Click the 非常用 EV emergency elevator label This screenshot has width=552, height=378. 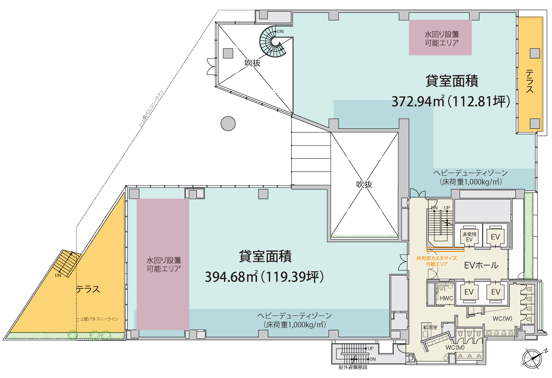pyautogui.click(x=469, y=237)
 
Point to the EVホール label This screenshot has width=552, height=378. pyautogui.click(x=481, y=265)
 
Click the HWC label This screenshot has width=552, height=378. pyautogui.click(x=446, y=298)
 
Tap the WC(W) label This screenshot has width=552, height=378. pyautogui.click(x=502, y=319)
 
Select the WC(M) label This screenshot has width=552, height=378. pyautogui.click(x=455, y=347)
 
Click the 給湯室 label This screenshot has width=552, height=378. pyautogui.click(x=430, y=327)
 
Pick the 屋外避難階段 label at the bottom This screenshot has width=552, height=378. pyautogui.click(x=352, y=367)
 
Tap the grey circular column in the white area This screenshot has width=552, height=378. pyautogui.click(x=228, y=124)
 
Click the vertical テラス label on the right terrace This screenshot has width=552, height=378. pyautogui.click(x=529, y=81)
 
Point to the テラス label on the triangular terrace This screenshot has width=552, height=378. pyautogui.click(x=88, y=289)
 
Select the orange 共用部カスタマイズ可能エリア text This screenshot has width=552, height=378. pyautogui.click(x=437, y=261)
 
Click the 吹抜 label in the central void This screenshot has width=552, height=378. pyautogui.click(x=364, y=185)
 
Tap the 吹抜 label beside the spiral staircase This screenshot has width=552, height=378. pyautogui.click(x=252, y=63)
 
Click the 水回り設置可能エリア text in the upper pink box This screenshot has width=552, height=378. pyautogui.click(x=441, y=38)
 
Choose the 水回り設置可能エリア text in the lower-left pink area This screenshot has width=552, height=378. pyautogui.click(x=163, y=264)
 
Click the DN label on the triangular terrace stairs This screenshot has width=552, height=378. pyautogui.click(x=58, y=276)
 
